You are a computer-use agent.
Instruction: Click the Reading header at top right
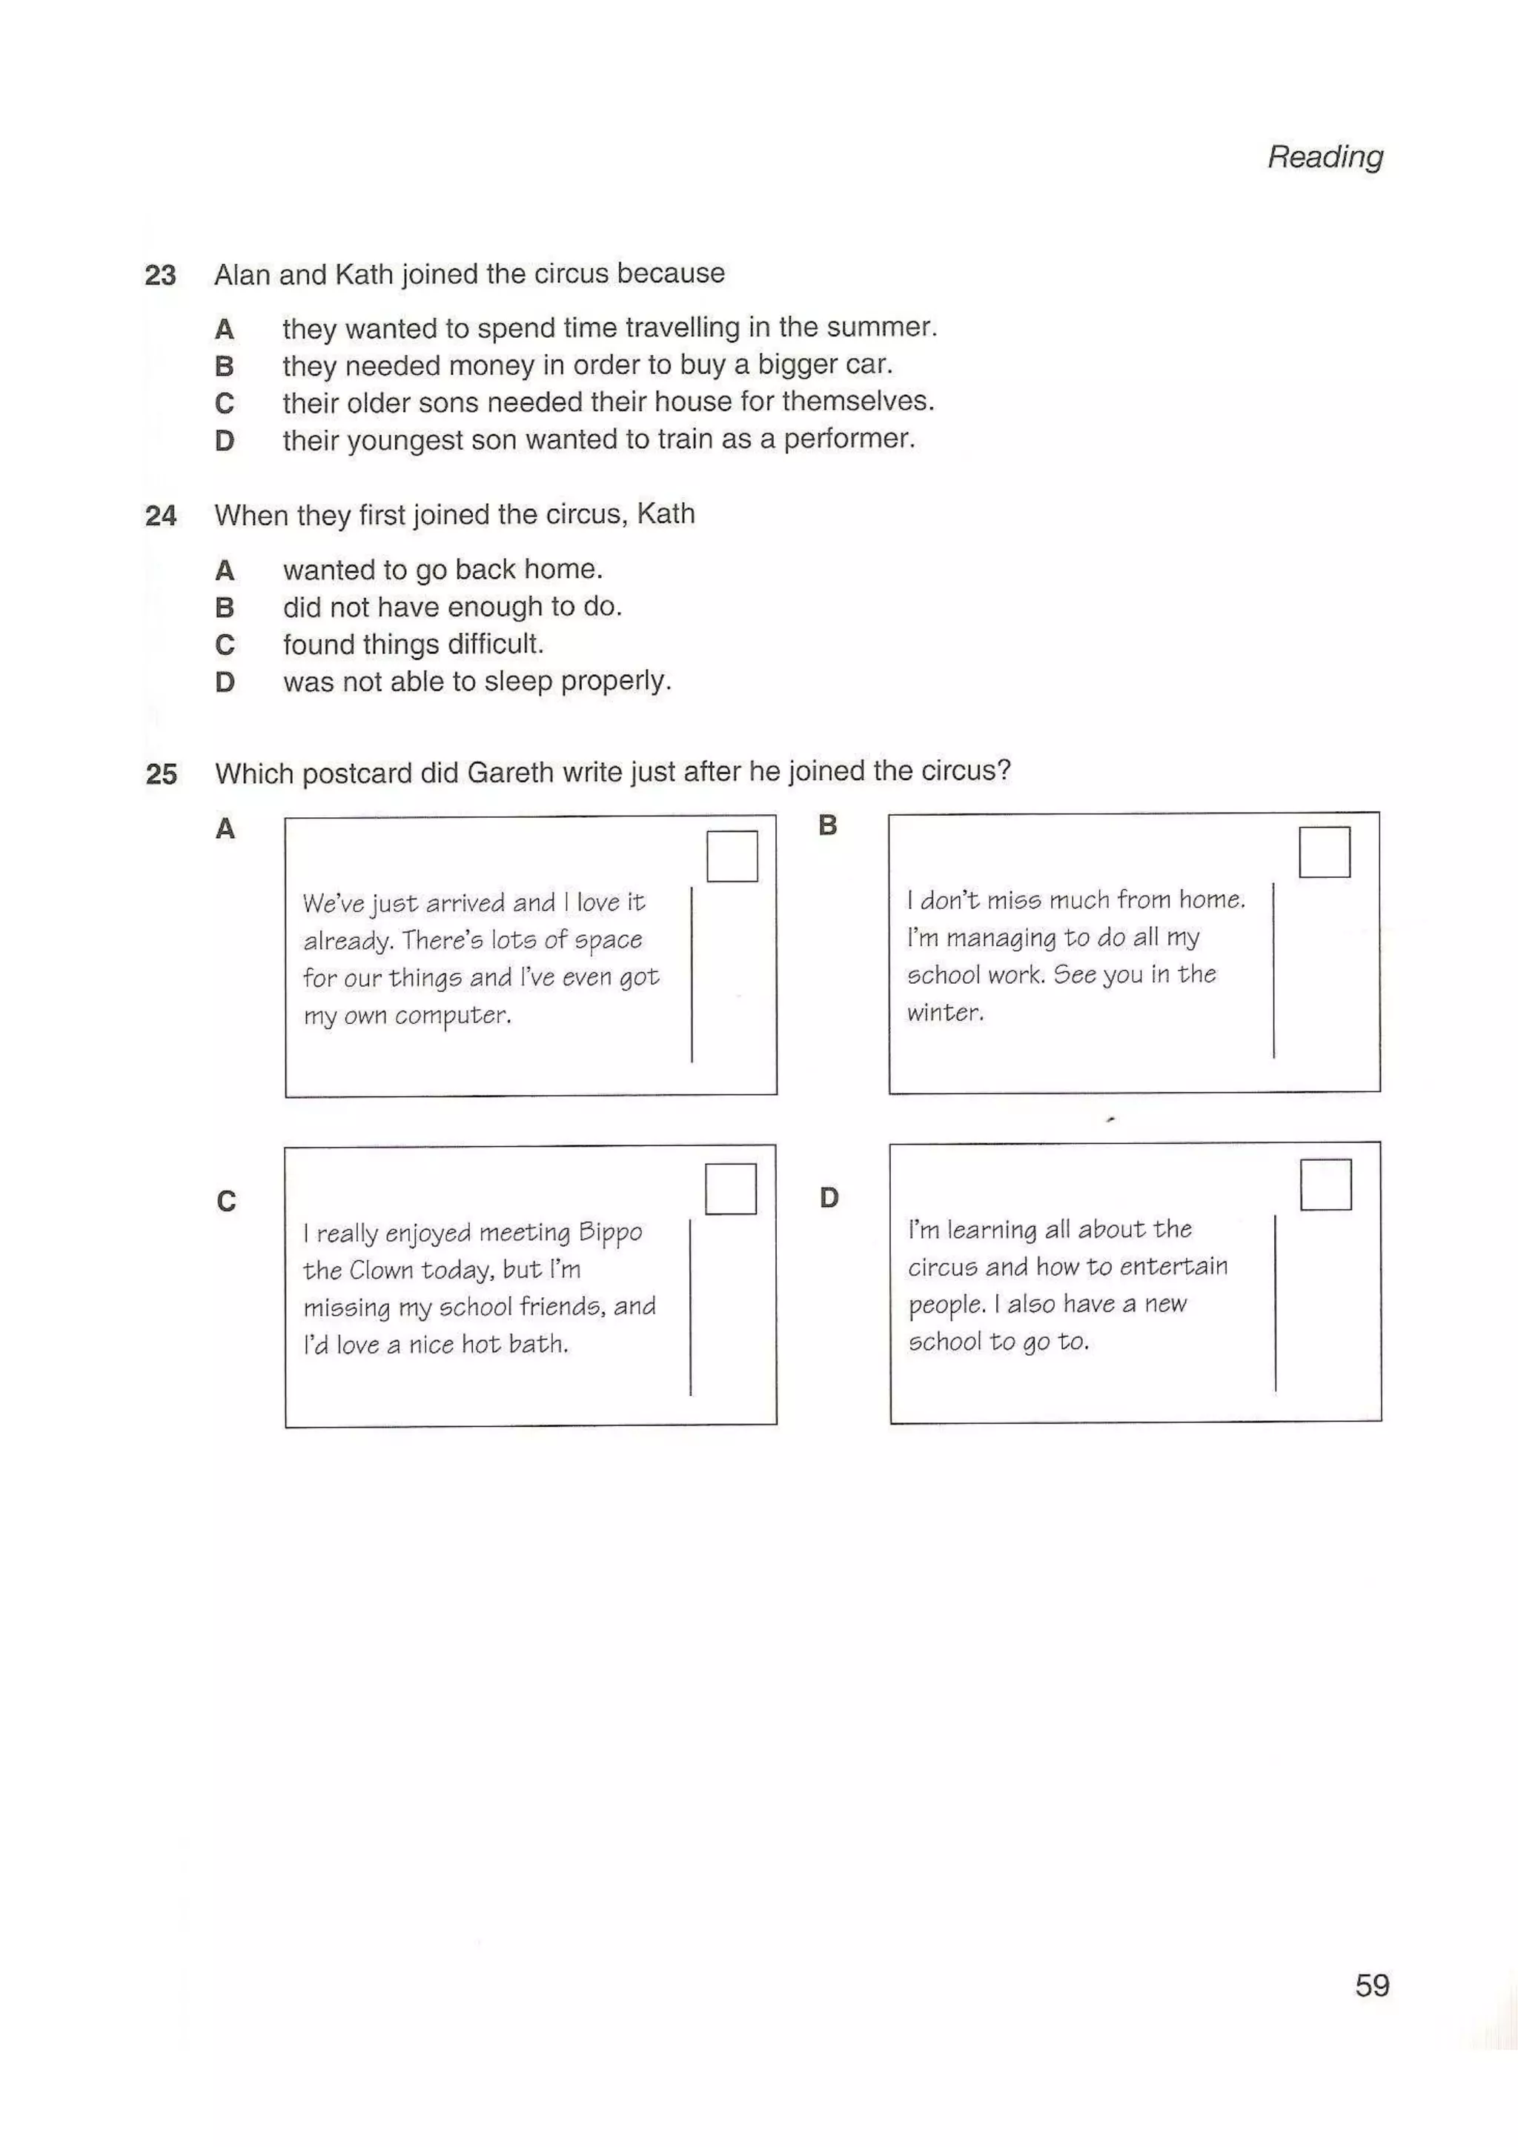tap(1325, 156)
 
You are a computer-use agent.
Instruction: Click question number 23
tap(160, 275)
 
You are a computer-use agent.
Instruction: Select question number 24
tap(160, 515)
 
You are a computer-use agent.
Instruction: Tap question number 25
tap(161, 773)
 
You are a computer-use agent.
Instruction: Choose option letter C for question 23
tap(225, 403)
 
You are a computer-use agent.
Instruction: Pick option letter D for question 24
tap(225, 682)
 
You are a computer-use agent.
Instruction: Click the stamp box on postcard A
tap(732, 856)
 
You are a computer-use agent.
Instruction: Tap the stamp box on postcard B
tap(1324, 852)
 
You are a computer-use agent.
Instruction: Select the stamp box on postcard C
tap(731, 1188)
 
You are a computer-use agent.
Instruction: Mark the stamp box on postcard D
tap(1325, 1184)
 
